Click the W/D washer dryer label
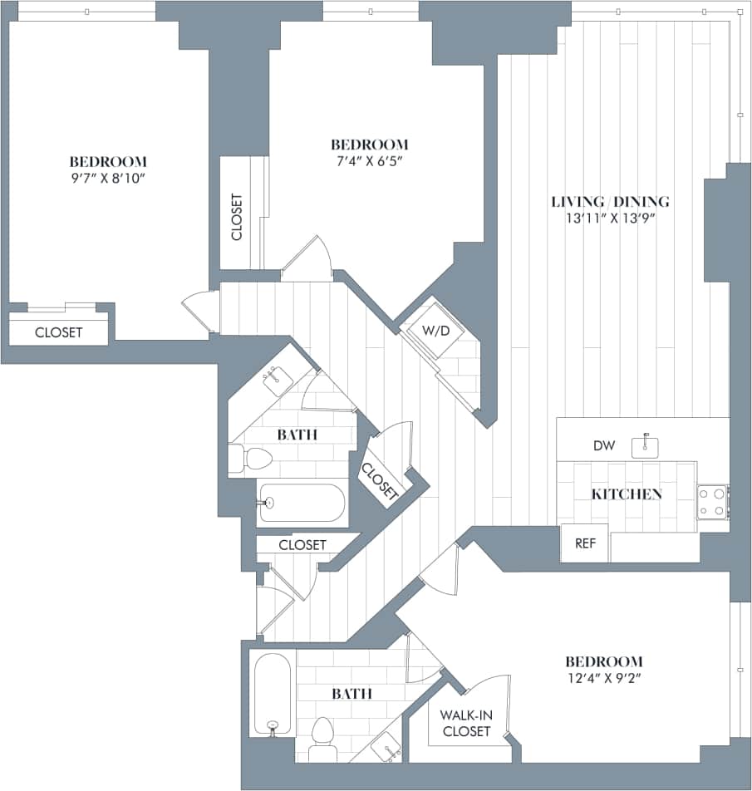435,331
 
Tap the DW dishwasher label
604,446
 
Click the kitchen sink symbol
646,446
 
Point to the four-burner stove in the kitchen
712,502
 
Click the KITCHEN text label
627,494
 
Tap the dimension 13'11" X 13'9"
611,219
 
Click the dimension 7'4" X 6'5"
370,161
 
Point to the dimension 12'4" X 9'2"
603,679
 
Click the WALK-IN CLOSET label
466,723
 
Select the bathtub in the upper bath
301,503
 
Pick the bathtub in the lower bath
272,694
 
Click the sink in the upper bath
276,379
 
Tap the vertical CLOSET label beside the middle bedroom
237,218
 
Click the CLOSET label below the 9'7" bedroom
58,332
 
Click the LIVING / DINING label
611,202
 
